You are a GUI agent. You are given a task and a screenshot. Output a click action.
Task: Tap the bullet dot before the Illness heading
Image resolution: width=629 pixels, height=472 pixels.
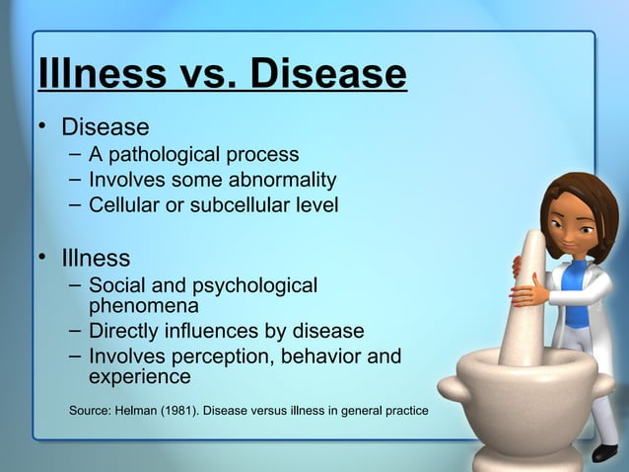pyautogui.click(x=43, y=258)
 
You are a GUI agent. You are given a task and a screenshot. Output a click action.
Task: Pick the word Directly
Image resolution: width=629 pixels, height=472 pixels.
pyautogui.click(x=127, y=331)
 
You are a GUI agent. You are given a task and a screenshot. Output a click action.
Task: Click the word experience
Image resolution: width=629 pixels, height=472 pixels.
pyautogui.click(x=140, y=377)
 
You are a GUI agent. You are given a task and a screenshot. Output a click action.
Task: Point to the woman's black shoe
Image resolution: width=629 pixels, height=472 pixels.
pyautogui.click(x=604, y=452)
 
